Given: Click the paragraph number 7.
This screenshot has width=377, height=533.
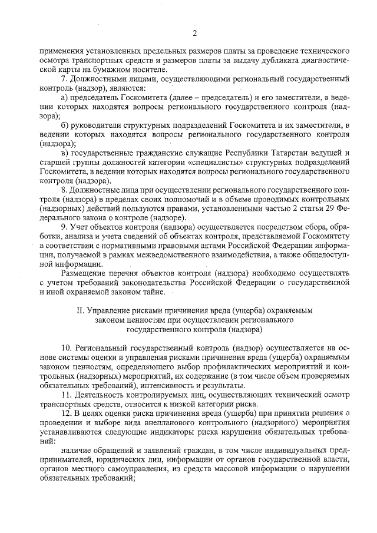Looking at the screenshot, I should [64, 79].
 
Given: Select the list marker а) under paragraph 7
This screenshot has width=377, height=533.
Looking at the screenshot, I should [65, 96].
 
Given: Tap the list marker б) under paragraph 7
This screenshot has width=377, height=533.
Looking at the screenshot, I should [65, 124].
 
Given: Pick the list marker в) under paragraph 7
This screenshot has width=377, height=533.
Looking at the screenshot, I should [65, 153].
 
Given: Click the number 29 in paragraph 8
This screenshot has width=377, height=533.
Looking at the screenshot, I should [326, 208].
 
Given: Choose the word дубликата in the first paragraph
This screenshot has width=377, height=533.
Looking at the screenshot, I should [264, 60].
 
